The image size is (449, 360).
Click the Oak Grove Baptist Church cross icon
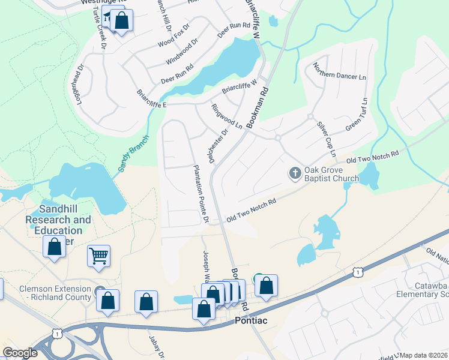click(x=295, y=173)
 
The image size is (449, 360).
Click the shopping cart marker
click(x=98, y=256)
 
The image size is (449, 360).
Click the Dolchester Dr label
click(x=218, y=148)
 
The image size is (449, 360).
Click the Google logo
click(x=20, y=353)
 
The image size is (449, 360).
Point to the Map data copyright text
click(x=424, y=355)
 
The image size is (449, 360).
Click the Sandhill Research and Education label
click(x=58, y=224)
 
